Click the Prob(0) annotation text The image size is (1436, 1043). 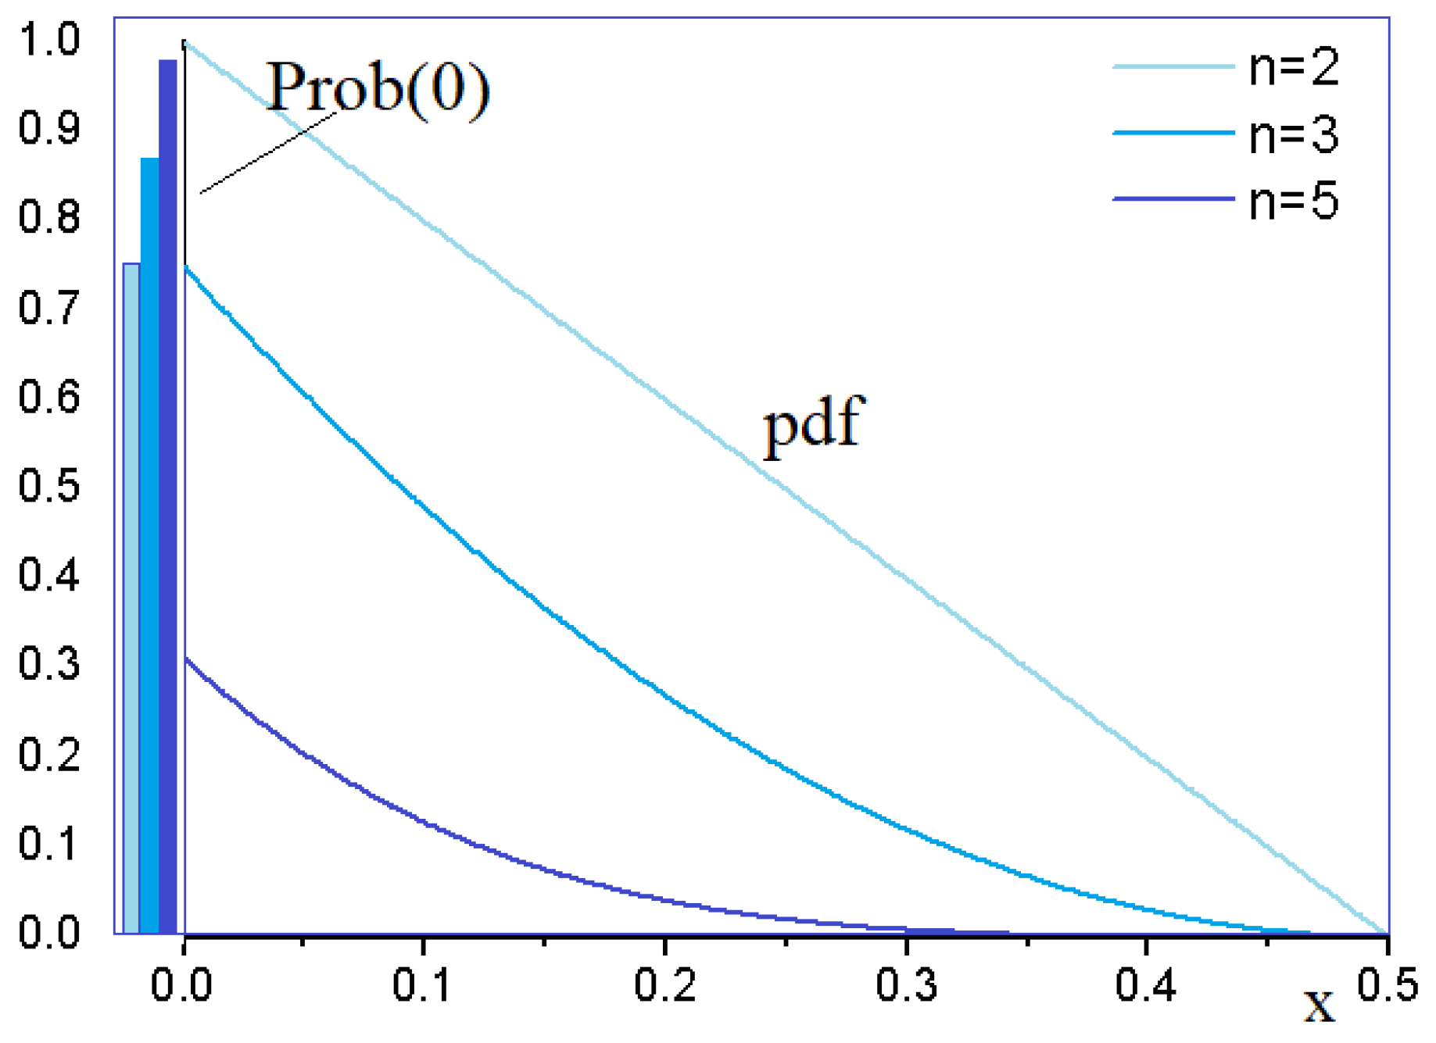378,88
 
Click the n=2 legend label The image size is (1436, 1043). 1294,67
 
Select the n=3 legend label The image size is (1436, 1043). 1294,134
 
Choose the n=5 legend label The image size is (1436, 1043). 1294,201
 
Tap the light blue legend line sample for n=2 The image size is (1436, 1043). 1173,67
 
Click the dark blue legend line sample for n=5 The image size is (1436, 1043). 1173,199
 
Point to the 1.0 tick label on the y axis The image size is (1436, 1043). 48,39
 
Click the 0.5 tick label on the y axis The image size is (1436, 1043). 48,486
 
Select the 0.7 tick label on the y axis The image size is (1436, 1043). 48,307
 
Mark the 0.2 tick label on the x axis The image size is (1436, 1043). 664,984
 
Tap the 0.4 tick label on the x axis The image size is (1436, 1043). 1146,984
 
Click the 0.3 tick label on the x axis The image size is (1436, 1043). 906,984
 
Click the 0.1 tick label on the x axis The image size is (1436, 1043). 423,984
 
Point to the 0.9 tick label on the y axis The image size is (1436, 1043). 48,128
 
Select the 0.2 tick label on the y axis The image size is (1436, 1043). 48,755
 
